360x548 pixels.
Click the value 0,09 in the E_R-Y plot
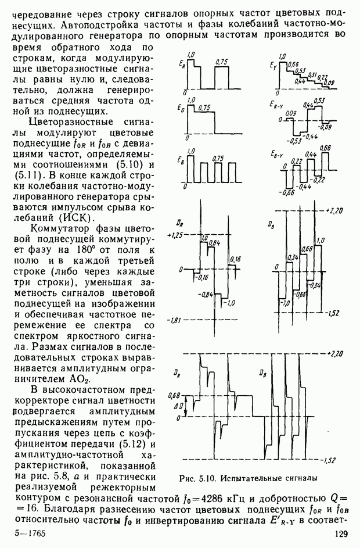(x=291, y=112)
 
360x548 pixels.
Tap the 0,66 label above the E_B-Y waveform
(x=325, y=149)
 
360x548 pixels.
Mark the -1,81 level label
(x=175, y=320)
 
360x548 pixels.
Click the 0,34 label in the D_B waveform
(x=293, y=257)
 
